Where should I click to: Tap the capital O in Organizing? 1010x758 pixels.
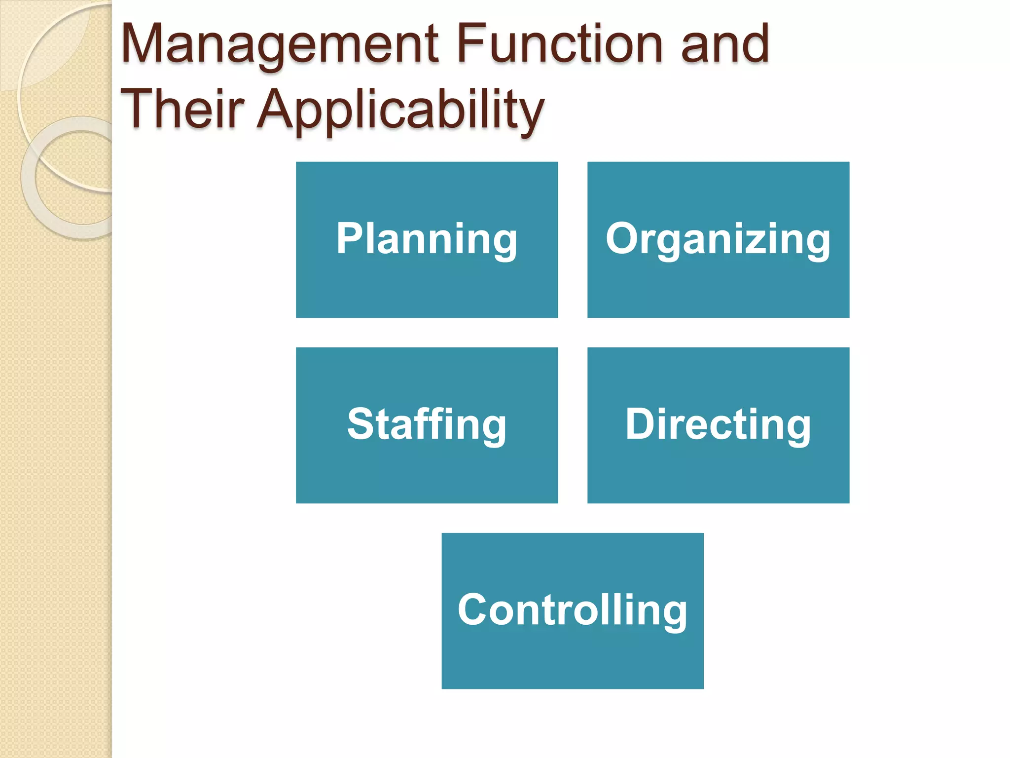click(623, 238)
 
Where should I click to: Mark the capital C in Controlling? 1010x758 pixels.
click(475, 609)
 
